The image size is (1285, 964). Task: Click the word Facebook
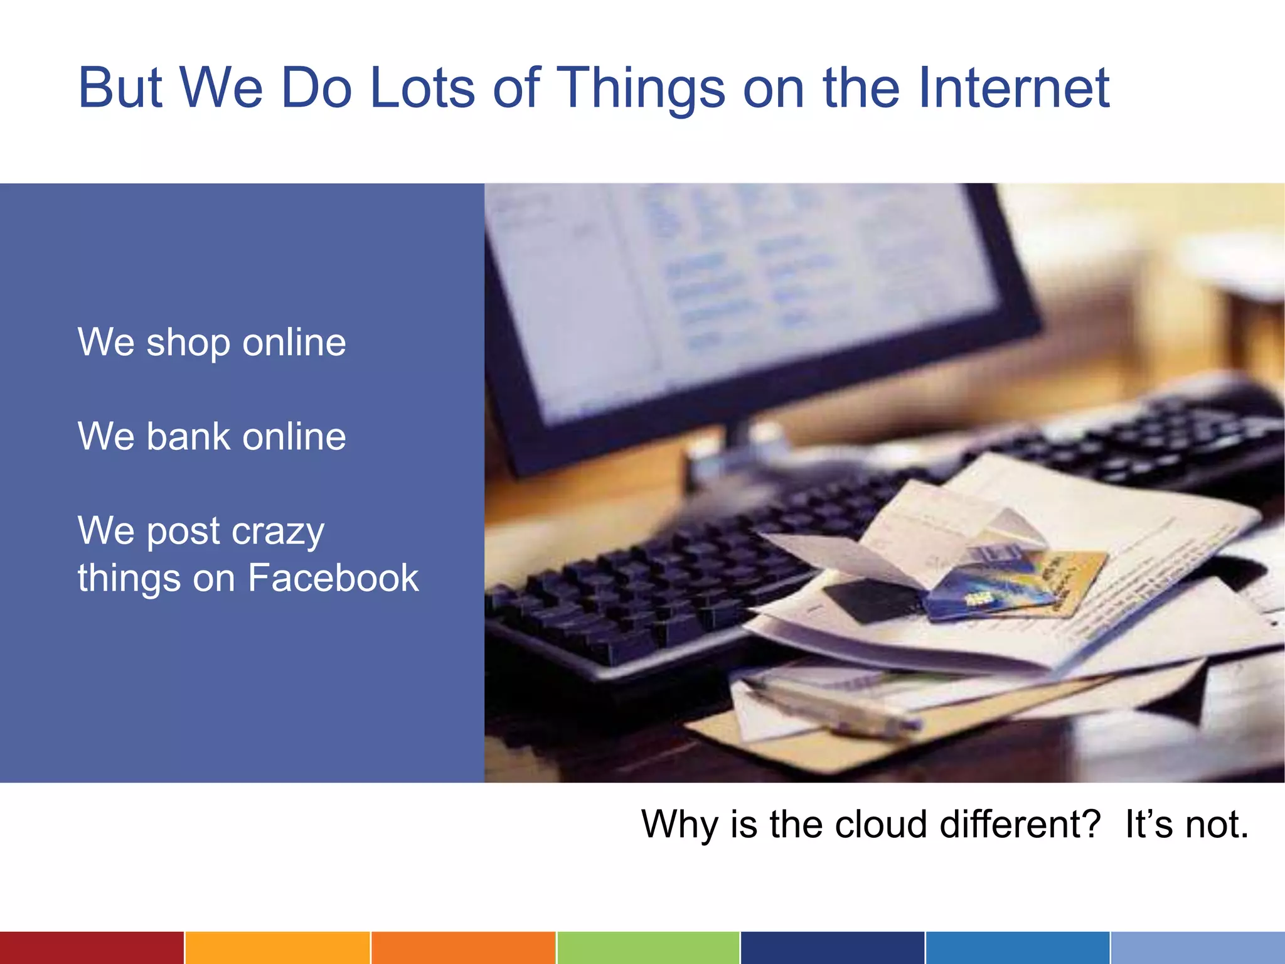(x=333, y=578)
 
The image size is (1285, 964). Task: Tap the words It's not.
(x=1186, y=824)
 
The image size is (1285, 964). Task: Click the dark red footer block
(x=92, y=948)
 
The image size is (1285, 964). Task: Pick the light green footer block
(x=648, y=948)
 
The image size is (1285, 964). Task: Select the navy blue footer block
(x=832, y=948)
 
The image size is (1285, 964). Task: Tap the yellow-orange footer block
(x=277, y=948)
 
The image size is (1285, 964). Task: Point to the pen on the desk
(x=834, y=709)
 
